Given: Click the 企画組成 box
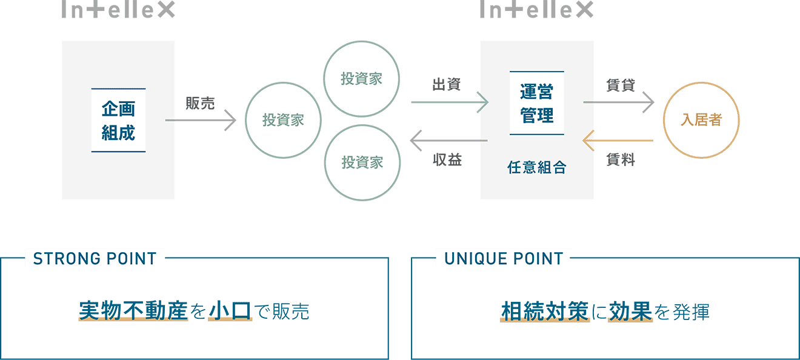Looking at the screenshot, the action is point(118,121).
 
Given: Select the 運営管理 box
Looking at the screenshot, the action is point(537,103).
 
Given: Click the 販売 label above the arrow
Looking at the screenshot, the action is point(200,103).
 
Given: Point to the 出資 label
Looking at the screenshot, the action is point(447,85).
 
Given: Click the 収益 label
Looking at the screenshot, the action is point(447,159).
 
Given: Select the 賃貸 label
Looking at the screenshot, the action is point(621,85).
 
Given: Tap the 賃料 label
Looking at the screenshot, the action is point(621,159).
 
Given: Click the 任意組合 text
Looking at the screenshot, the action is point(537,167).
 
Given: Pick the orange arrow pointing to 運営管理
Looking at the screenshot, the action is point(618,141).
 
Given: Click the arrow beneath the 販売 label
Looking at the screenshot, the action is point(201,121).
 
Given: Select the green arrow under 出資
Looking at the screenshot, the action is point(450,102).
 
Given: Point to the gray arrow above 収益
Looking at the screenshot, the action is point(448,141).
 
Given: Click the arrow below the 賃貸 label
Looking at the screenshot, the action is point(619,102).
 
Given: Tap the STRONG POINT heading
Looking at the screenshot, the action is point(95,259).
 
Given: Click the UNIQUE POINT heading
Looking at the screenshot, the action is point(504,259).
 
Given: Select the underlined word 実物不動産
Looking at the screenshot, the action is point(133,311).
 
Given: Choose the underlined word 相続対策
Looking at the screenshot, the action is point(545,312).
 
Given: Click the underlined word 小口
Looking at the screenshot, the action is point(230,311).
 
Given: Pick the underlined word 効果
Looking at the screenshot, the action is point(630,312).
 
